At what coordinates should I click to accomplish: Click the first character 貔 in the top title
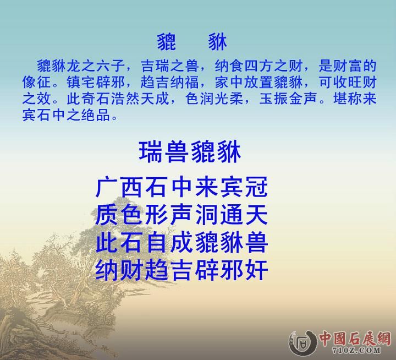coord(167,41)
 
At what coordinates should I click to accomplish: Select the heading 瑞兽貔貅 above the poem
coord(190,152)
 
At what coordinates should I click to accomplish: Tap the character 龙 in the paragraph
coord(73,67)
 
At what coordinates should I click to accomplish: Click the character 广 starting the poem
coord(107,187)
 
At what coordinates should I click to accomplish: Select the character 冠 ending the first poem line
coord(257,187)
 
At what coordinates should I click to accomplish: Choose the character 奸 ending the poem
coord(257,270)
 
